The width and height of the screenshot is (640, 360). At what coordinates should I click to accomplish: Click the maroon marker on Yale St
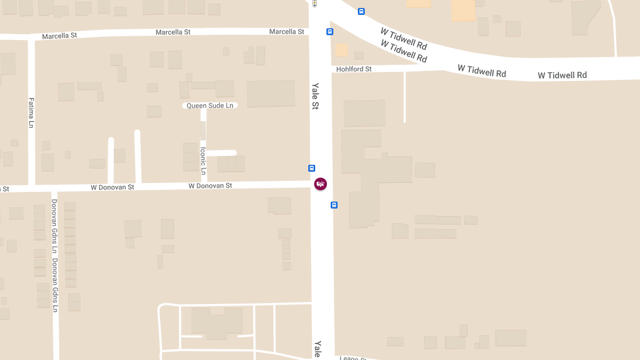(x=320, y=184)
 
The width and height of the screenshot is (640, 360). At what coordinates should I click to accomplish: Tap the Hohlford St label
(x=354, y=69)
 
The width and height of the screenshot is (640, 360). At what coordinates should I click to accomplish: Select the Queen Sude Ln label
(x=210, y=106)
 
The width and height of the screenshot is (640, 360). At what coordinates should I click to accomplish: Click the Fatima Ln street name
(x=31, y=113)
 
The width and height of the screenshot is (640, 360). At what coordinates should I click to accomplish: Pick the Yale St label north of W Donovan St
(x=315, y=96)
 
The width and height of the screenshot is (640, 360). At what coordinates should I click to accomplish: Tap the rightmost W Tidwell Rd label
(x=562, y=75)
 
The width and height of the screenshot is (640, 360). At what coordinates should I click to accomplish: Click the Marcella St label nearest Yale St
(x=286, y=32)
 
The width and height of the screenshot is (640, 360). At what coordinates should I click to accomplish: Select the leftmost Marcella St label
(x=59, y=36)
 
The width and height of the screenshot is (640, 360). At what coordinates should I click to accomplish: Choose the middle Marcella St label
(x=173, y=33)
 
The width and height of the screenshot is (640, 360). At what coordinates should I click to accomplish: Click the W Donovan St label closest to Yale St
(x=210, y=186)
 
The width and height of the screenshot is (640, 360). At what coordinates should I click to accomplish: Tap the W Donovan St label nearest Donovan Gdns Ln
(x=112, y=187)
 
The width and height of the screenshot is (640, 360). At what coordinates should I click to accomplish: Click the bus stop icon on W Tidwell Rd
(x=361, y=11)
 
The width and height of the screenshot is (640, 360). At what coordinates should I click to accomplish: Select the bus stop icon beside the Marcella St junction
(x=330, y=31)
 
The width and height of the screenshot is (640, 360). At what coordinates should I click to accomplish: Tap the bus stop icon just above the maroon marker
(x=312, y=168)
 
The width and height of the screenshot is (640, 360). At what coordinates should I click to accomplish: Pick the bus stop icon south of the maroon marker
(x=334, y=205)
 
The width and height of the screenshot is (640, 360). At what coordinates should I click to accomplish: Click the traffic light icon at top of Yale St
(x=315, y=3)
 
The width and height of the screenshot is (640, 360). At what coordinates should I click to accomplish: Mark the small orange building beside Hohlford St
(x=341, y=50)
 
